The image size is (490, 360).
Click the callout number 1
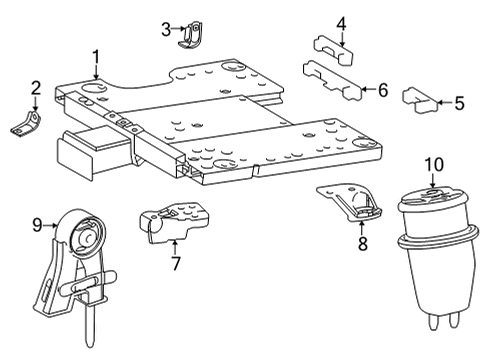pos(96,56)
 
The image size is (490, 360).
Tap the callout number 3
pos(166,29)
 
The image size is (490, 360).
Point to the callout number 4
pos(341,23)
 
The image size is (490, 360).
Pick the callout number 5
pos(459,102)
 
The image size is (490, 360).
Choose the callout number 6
pos(383,90)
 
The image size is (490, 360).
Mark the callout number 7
pos(175,264)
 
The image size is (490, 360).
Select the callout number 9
pos(37,226)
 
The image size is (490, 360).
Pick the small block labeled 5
pos(422,98)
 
